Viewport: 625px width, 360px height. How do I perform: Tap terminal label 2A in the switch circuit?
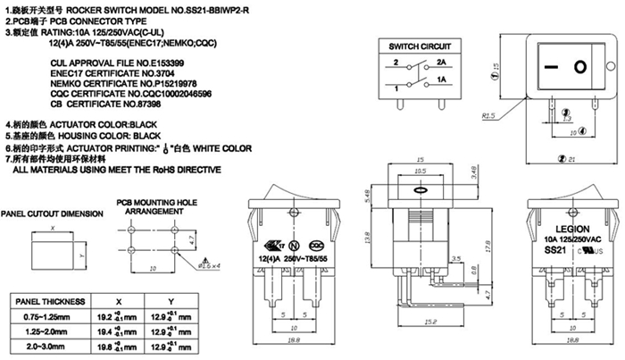441,63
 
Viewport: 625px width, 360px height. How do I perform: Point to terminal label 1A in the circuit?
441,80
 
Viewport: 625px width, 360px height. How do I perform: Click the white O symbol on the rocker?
579,66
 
